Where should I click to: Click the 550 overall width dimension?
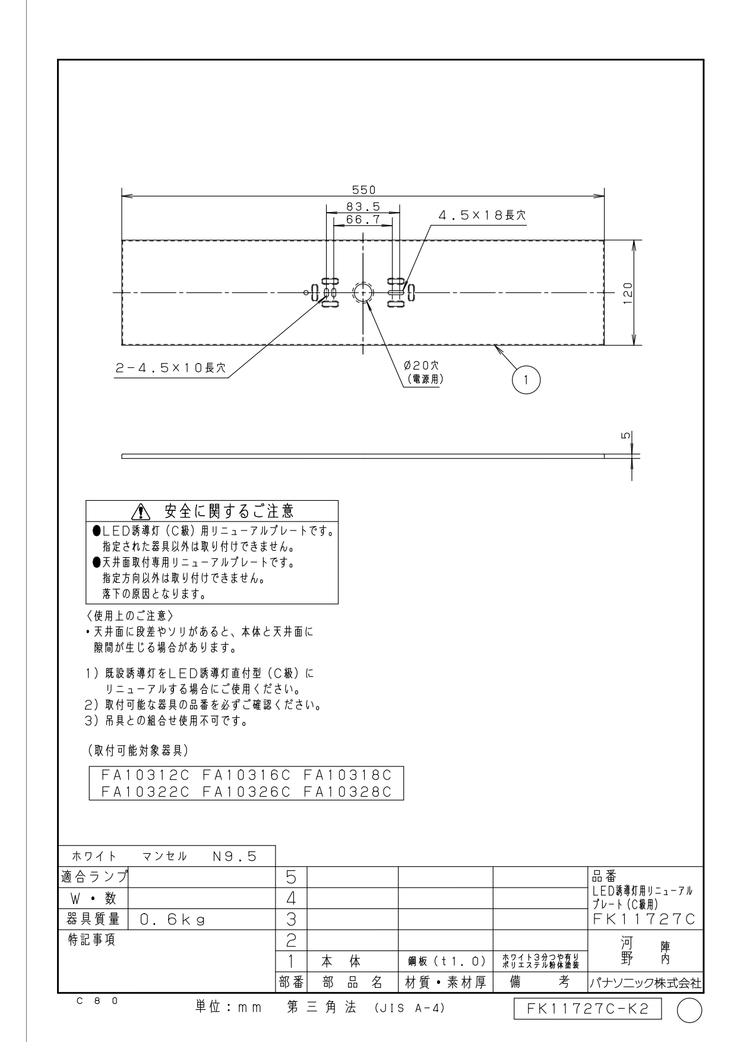coord(363,190)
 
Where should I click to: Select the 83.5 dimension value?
coord(363,207)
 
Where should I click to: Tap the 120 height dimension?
coord(628,293)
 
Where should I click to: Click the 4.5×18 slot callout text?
coord(482,215)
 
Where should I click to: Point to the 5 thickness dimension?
coord(627,435)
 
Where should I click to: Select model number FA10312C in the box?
coord(145,775)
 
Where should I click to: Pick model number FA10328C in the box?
coord(347,791)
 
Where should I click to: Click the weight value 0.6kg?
coord(173,920)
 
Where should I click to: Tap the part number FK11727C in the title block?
coord(644,919)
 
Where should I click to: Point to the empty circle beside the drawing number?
coord(689,1010)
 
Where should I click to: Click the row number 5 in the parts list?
coord(292,877)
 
